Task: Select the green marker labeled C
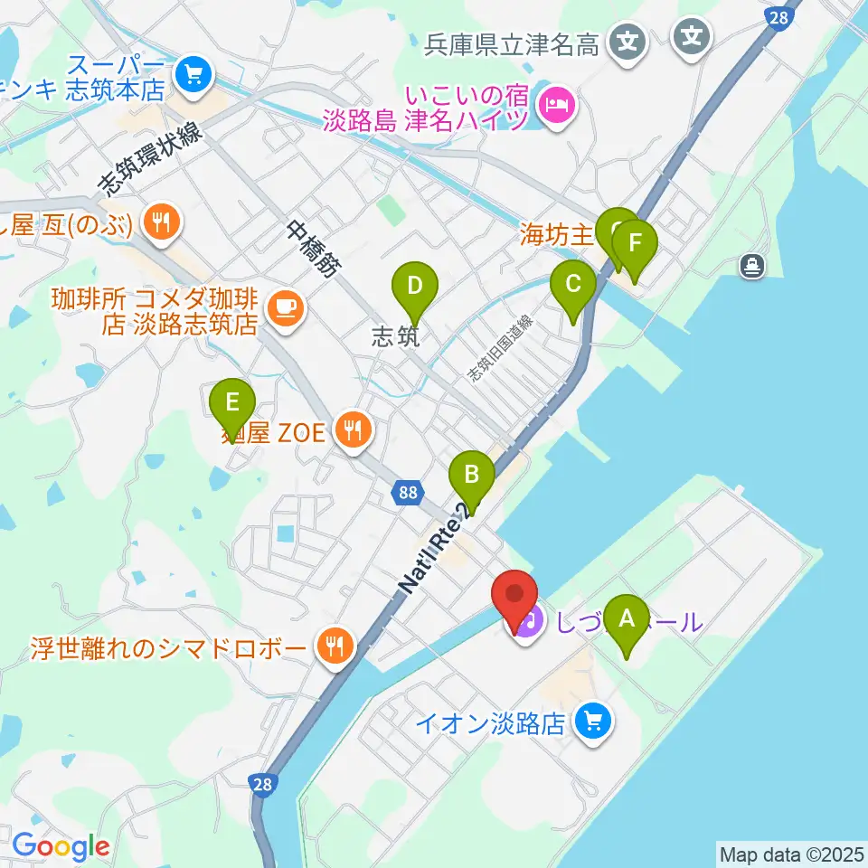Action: point(573,285)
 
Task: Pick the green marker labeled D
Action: point(414,288)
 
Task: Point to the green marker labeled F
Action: point(635,244)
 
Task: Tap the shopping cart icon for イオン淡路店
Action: point(594,722)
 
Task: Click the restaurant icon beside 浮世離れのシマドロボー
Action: point(335,646)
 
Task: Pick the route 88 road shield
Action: point(408,493)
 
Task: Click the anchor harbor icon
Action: point(751,265)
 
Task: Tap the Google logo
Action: point(61,846)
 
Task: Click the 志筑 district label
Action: point(396,336)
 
